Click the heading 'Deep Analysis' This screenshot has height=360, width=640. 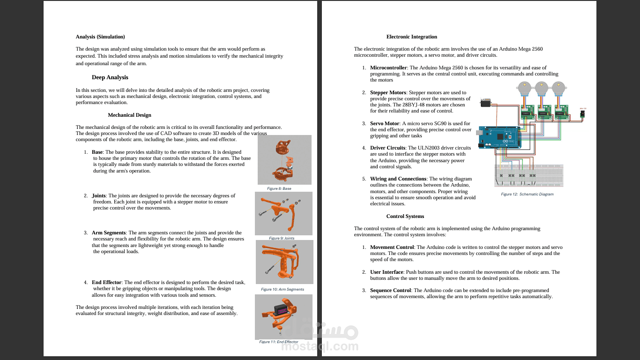110,77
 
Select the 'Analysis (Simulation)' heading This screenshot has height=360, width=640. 100,37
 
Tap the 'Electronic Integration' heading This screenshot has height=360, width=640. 411,37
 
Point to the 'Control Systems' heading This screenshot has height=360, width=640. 405,216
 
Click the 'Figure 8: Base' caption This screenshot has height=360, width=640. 279,188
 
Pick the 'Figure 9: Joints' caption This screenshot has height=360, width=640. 282,238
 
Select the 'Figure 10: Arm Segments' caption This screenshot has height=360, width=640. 282,289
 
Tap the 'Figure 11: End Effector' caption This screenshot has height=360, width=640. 278,342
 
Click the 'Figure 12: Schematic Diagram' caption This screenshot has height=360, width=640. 527,194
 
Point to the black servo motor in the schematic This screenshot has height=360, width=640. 486,103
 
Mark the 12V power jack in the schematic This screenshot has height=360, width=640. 583,114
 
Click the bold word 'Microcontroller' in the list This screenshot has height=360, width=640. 388,67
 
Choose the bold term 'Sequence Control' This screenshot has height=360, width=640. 391,290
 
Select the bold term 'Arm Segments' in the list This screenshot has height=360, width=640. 109,232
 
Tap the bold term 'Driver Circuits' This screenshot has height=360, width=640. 387,148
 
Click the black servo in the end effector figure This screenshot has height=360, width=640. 282,310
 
